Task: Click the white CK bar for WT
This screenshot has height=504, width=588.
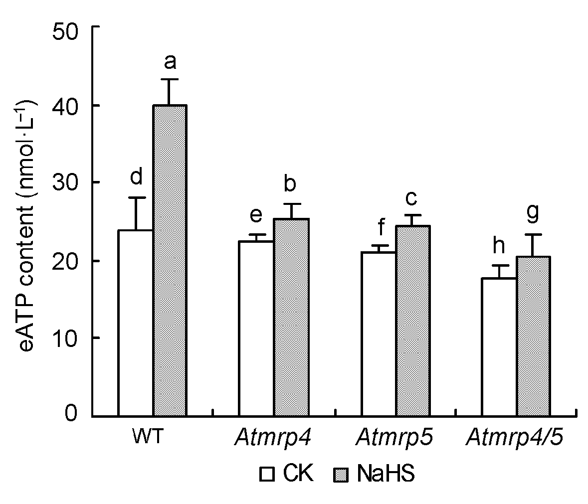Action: [x=135, y=323]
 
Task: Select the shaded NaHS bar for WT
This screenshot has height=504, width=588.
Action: [x=170, y=260]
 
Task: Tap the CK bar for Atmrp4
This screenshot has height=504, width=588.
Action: [x=256, y=329]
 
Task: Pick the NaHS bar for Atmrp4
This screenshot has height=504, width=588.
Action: [x=291, y=317]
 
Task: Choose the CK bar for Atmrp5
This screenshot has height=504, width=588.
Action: [x=379, y=334]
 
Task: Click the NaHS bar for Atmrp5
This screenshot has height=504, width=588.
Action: [x=413, y=321]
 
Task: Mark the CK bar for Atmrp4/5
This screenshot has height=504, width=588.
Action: [x=499, y=347]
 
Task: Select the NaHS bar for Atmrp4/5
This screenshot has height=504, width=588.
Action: [x=534, y=336]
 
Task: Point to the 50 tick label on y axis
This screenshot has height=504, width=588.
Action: [x=68, y=27]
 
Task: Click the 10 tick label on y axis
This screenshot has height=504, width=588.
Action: [x=68, y=338]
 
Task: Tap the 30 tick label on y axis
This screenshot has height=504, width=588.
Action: [x=68, y=182]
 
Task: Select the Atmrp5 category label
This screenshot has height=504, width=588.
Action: [x=394, y=438]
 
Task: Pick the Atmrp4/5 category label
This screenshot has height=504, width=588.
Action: [x=516, y=438]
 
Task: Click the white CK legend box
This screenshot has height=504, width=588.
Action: [x=267, y=474]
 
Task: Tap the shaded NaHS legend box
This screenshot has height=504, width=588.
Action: [x=340, y=474]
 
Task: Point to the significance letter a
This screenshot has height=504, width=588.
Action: [x=170, y=61]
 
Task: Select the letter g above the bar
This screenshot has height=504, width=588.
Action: [x=533, y=213]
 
